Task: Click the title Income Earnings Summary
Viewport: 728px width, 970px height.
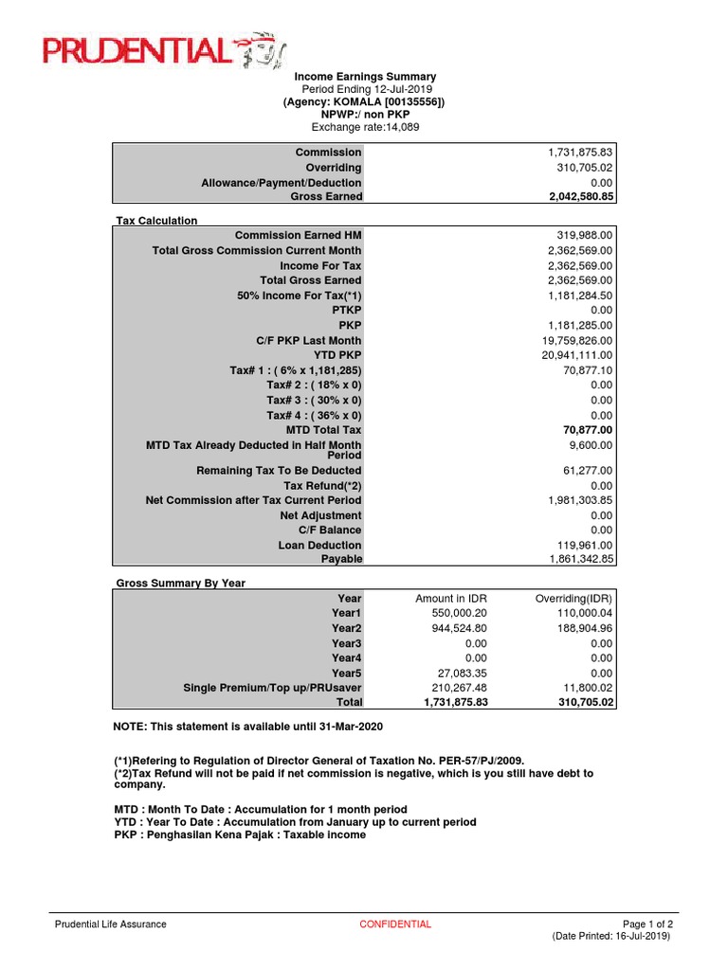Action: pyautogui.click(x=365, y=77)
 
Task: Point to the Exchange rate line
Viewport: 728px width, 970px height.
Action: pyautogui.click(x=365, y=127)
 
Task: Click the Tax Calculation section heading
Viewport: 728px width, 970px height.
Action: pyautogui.click(x=156, y=221)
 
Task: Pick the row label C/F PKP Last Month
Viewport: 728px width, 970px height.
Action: pyautogui.click(x=308, y=340)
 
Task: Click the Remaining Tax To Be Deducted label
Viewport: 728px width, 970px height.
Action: pyautogui.click(x=279, y=471)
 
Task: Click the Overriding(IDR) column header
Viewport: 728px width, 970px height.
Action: pyautogui.click(x=573, y=599)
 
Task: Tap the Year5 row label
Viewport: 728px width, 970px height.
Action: pyautogui.click(x=346, y=673)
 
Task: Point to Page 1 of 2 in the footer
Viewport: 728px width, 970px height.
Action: pyautogui.click(x=647, y=925)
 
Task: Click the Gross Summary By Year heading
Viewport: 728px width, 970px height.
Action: pyautogui.click(x=180, y=584)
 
